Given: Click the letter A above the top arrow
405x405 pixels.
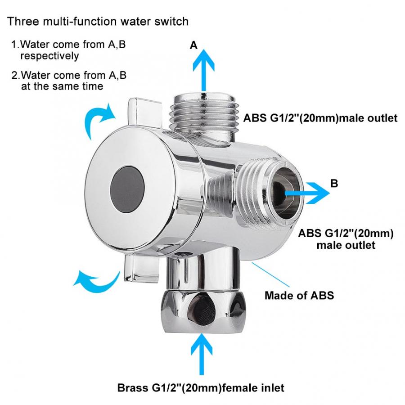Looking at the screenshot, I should (x=193, y=45).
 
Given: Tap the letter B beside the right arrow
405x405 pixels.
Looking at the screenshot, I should (x=334, y=184).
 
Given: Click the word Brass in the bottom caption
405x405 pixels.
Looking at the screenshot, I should (x=131, y=387).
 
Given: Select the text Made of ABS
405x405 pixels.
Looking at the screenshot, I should (x=299, y=296).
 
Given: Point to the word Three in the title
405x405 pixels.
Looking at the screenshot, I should (x=22, y=21).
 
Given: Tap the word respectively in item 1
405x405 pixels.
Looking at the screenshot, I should (x=49, y=56).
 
